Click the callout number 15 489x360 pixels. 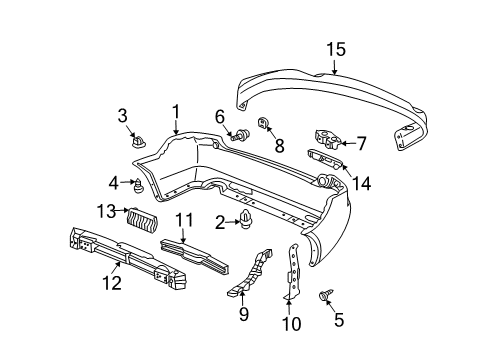(x=336, y=49)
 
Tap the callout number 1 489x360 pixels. (x=176, y=112)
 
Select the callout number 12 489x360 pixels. (x=112, y=283)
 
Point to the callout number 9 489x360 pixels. (x=244, y=314)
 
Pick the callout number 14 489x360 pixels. (x=361, y=183)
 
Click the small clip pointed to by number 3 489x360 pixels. (x=138, y=142)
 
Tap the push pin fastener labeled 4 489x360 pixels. (x=138, y=186)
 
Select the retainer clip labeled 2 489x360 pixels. (x=246, y=219)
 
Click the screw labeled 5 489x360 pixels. (x=324, y=295)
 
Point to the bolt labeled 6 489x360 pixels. (x=241, y=135)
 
